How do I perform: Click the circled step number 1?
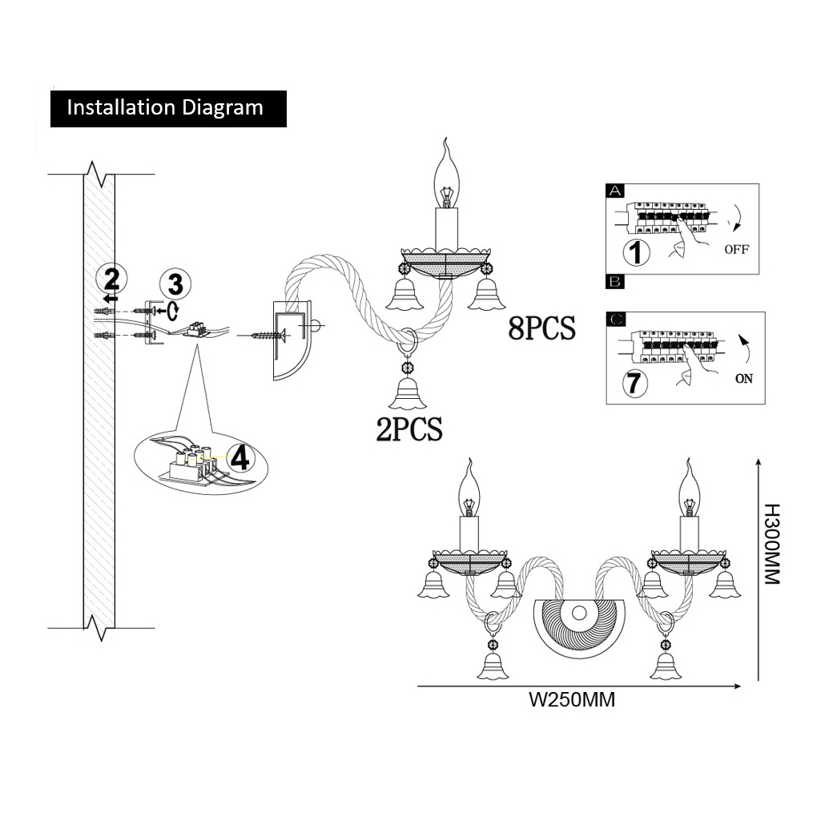636,252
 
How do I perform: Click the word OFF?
736,249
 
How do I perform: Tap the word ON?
744,379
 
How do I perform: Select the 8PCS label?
541,328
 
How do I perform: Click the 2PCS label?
408,429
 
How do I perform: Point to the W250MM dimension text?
572,699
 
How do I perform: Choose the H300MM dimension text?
770,545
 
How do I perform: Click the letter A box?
615,191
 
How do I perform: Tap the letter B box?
615,282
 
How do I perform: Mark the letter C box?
615,320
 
